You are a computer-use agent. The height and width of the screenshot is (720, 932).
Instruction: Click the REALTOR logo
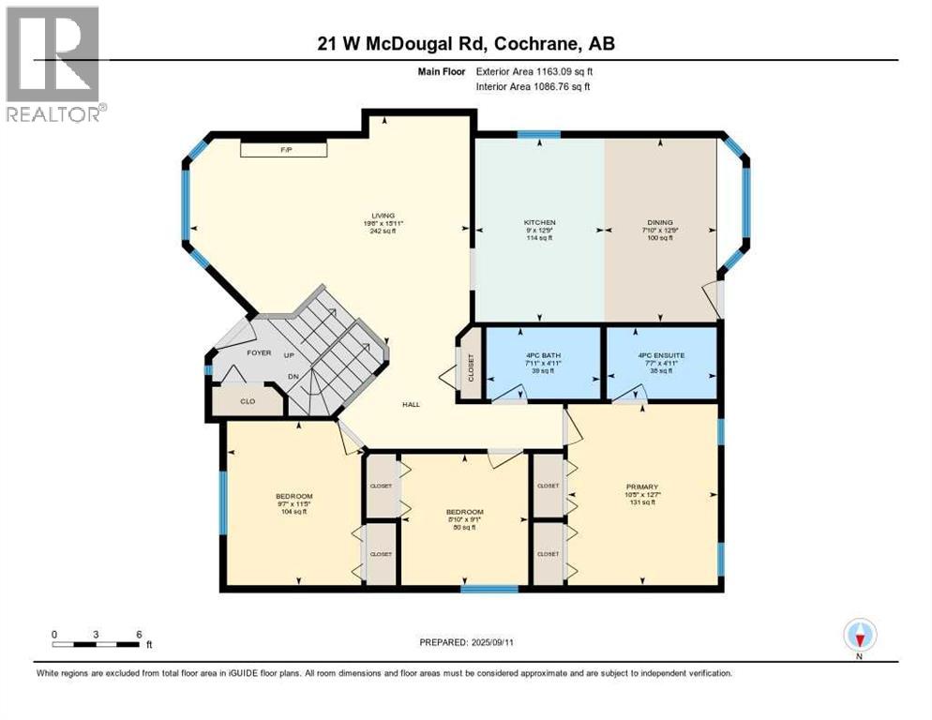point(53,64)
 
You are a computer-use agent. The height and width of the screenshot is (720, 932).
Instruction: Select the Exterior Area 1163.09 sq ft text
point(534,71)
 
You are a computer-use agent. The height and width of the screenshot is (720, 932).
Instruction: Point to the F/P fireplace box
point(283,149)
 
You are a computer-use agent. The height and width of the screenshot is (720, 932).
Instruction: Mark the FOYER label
point(259,353)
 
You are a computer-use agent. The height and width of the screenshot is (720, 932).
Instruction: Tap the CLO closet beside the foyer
point(247,400)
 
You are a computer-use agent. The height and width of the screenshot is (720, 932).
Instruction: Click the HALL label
point(411,404)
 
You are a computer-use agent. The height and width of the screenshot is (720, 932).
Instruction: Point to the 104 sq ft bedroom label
point(293,503)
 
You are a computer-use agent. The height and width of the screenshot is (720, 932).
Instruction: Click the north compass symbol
point(859,636)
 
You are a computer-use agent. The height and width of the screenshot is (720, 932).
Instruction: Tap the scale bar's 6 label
point(139,633)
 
